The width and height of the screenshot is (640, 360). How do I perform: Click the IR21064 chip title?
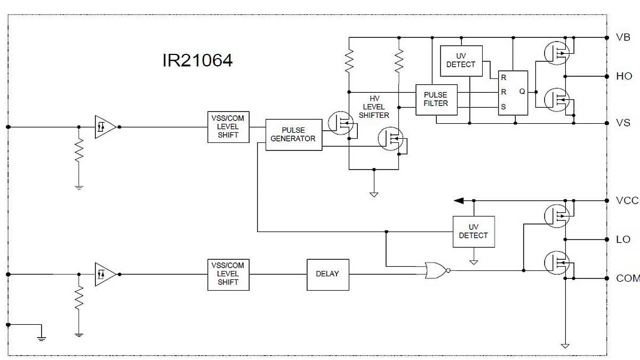(197, 60)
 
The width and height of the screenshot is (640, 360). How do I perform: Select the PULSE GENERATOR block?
(293, 134)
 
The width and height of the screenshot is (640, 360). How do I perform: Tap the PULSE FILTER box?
(436, 100)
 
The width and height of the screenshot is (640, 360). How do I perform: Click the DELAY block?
(327, 274)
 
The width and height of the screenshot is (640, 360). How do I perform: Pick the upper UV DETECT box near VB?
(461, 60)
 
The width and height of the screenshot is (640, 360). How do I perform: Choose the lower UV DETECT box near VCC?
(473, 231)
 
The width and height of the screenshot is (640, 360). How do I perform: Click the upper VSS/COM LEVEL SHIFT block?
(228, 127)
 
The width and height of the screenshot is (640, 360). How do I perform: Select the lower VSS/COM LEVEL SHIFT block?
(228, 274)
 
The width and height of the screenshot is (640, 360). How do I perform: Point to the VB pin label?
(623, 38)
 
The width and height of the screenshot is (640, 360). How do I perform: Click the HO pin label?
(623, 76)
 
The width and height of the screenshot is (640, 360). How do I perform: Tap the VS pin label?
(623, 123)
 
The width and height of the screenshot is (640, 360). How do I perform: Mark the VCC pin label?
(627, 201)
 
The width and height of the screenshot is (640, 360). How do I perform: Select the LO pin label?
(623, 239)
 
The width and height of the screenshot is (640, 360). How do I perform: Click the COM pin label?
(627, 278)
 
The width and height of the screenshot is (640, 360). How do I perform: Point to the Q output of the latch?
(522, 92)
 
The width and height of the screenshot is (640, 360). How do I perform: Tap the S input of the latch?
(503, 107)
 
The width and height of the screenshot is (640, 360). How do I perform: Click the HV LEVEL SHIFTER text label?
(374, 107)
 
